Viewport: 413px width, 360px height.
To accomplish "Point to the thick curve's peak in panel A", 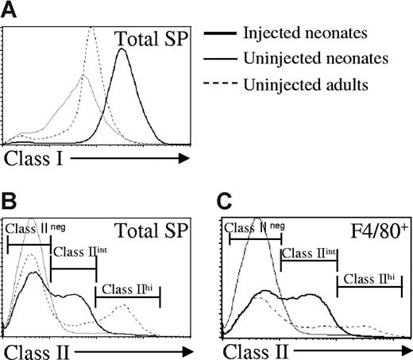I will point(122,49).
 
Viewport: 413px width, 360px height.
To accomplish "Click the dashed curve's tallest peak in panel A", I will point(91,28).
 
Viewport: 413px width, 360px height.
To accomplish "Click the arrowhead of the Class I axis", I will point(184,159).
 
